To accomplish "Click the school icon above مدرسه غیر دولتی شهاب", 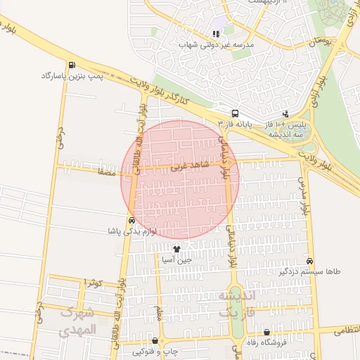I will [216, 33].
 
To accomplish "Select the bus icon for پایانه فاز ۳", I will [235, 112].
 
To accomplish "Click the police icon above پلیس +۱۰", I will [285, 112].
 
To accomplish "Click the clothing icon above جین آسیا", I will [176, 249].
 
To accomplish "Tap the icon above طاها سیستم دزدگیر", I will [311, 259].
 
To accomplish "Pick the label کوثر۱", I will [93, 282].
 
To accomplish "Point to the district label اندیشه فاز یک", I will [236, 304].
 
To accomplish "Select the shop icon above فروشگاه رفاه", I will [266, 332].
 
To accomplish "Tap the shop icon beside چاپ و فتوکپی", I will [155, 340].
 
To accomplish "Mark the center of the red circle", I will [181, 179].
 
